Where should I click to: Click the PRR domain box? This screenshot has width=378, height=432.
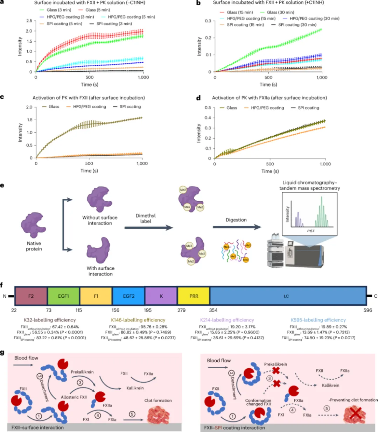[194, 296]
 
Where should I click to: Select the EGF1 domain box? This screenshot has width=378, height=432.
[63, 296]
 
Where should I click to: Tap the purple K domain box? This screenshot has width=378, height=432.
[161, 296]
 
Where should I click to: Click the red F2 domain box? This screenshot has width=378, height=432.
[31, 296]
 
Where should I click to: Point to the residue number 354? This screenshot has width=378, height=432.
[213, 310]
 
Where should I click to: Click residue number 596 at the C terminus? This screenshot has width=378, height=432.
[367, 310]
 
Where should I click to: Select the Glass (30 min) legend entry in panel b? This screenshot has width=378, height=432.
[280, 12]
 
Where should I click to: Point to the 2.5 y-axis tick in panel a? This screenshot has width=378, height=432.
[29, 21]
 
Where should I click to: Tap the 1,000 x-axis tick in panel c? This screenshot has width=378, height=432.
[142, 163]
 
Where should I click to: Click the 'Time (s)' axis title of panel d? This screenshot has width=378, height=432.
[270, 171]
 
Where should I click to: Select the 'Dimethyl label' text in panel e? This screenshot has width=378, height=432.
[146, 218]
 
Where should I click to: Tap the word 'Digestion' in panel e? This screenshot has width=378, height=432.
[236, 220]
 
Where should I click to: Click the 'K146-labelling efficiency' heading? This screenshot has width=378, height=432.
[138, 320]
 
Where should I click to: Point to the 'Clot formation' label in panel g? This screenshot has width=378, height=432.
[158, 400]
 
